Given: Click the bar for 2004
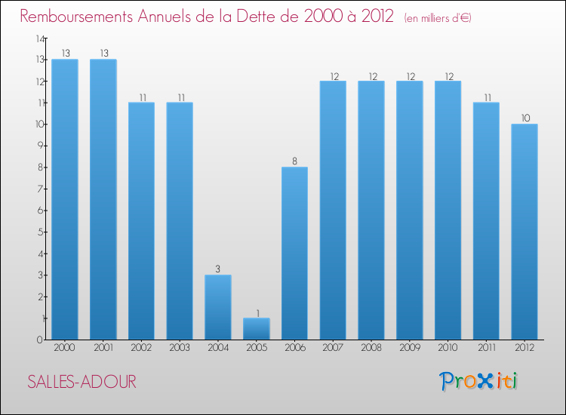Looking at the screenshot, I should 218,307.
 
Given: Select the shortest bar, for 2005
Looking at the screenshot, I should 257,328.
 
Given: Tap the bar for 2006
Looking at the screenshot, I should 294,253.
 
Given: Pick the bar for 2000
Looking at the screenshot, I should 65,199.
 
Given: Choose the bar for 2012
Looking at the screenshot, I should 524,232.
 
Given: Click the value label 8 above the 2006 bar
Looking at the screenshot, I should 294,161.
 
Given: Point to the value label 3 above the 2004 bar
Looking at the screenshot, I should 218,269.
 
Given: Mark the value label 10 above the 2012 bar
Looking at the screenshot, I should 524,118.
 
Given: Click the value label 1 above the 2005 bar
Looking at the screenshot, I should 257,312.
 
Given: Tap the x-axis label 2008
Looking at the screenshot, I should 371,348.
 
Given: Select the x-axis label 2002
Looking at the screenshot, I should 141,348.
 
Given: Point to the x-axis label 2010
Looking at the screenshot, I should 448,348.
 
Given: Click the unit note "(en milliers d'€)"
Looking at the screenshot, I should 437,17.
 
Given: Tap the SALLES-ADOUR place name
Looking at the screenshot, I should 82,382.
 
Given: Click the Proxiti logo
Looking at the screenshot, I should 478,381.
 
